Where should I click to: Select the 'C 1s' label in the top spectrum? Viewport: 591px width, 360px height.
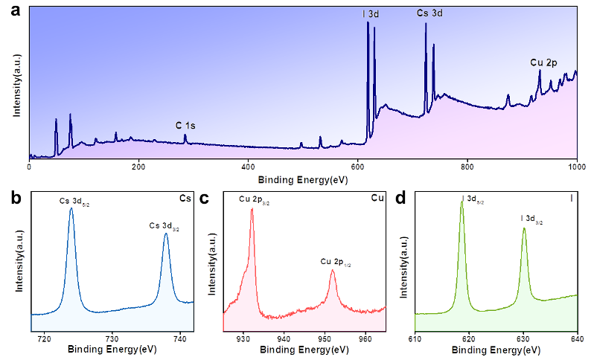point(185,125)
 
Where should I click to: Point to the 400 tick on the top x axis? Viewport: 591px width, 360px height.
point(248,167)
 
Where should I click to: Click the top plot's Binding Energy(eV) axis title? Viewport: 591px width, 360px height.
point(303,179)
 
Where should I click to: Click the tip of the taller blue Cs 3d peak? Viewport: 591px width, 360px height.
point(71,209)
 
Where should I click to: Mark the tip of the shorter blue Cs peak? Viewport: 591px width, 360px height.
point(166,235)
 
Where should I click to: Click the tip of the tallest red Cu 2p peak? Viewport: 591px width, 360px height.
point(252,209)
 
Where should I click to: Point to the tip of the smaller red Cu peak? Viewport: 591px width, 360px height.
point(333,271)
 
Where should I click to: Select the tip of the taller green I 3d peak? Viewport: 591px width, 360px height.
point(461,204)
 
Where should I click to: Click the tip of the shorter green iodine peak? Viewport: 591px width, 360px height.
point(524,229)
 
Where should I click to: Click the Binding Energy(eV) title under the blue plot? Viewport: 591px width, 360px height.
point(112,350)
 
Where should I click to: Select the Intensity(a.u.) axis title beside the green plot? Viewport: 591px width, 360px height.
point(404,265)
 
